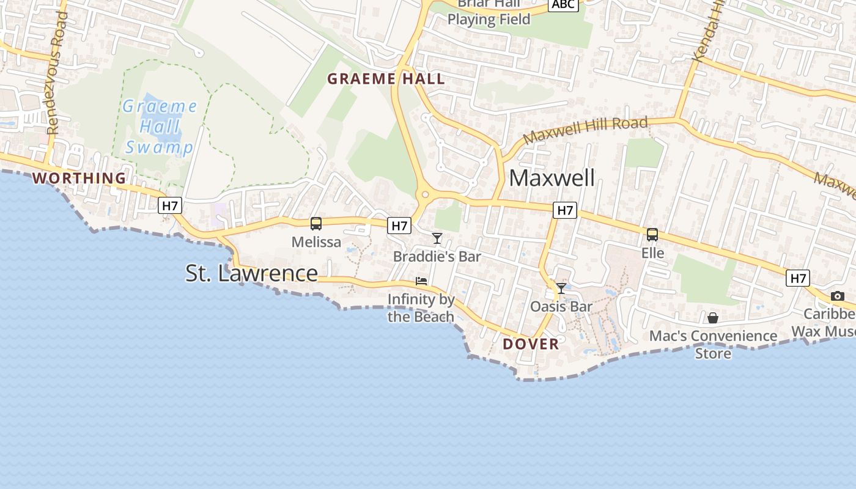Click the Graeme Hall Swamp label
tap(160, 127)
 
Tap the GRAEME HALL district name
tap(386, 79)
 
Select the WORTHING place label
tap(79, 178)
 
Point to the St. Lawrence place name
tap(251, 273)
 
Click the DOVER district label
tap(531, 344)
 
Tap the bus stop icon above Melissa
tap(316, 224)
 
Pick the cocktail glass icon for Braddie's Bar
tap(437, 238)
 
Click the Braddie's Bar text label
tap(437, 256)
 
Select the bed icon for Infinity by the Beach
tap(421, 281)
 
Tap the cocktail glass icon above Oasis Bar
tap(561, 288)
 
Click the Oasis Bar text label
tap(561, 306)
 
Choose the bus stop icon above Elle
tap(652, 235)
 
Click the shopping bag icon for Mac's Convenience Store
tap(713, 318)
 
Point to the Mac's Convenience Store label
tap(713, 344)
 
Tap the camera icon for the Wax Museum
tap(838, 296)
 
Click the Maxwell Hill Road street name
tap(585, 130)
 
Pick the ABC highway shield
tap(563, 5)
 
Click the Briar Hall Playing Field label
tap(489, 12)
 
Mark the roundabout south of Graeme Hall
tap(424, 195)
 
